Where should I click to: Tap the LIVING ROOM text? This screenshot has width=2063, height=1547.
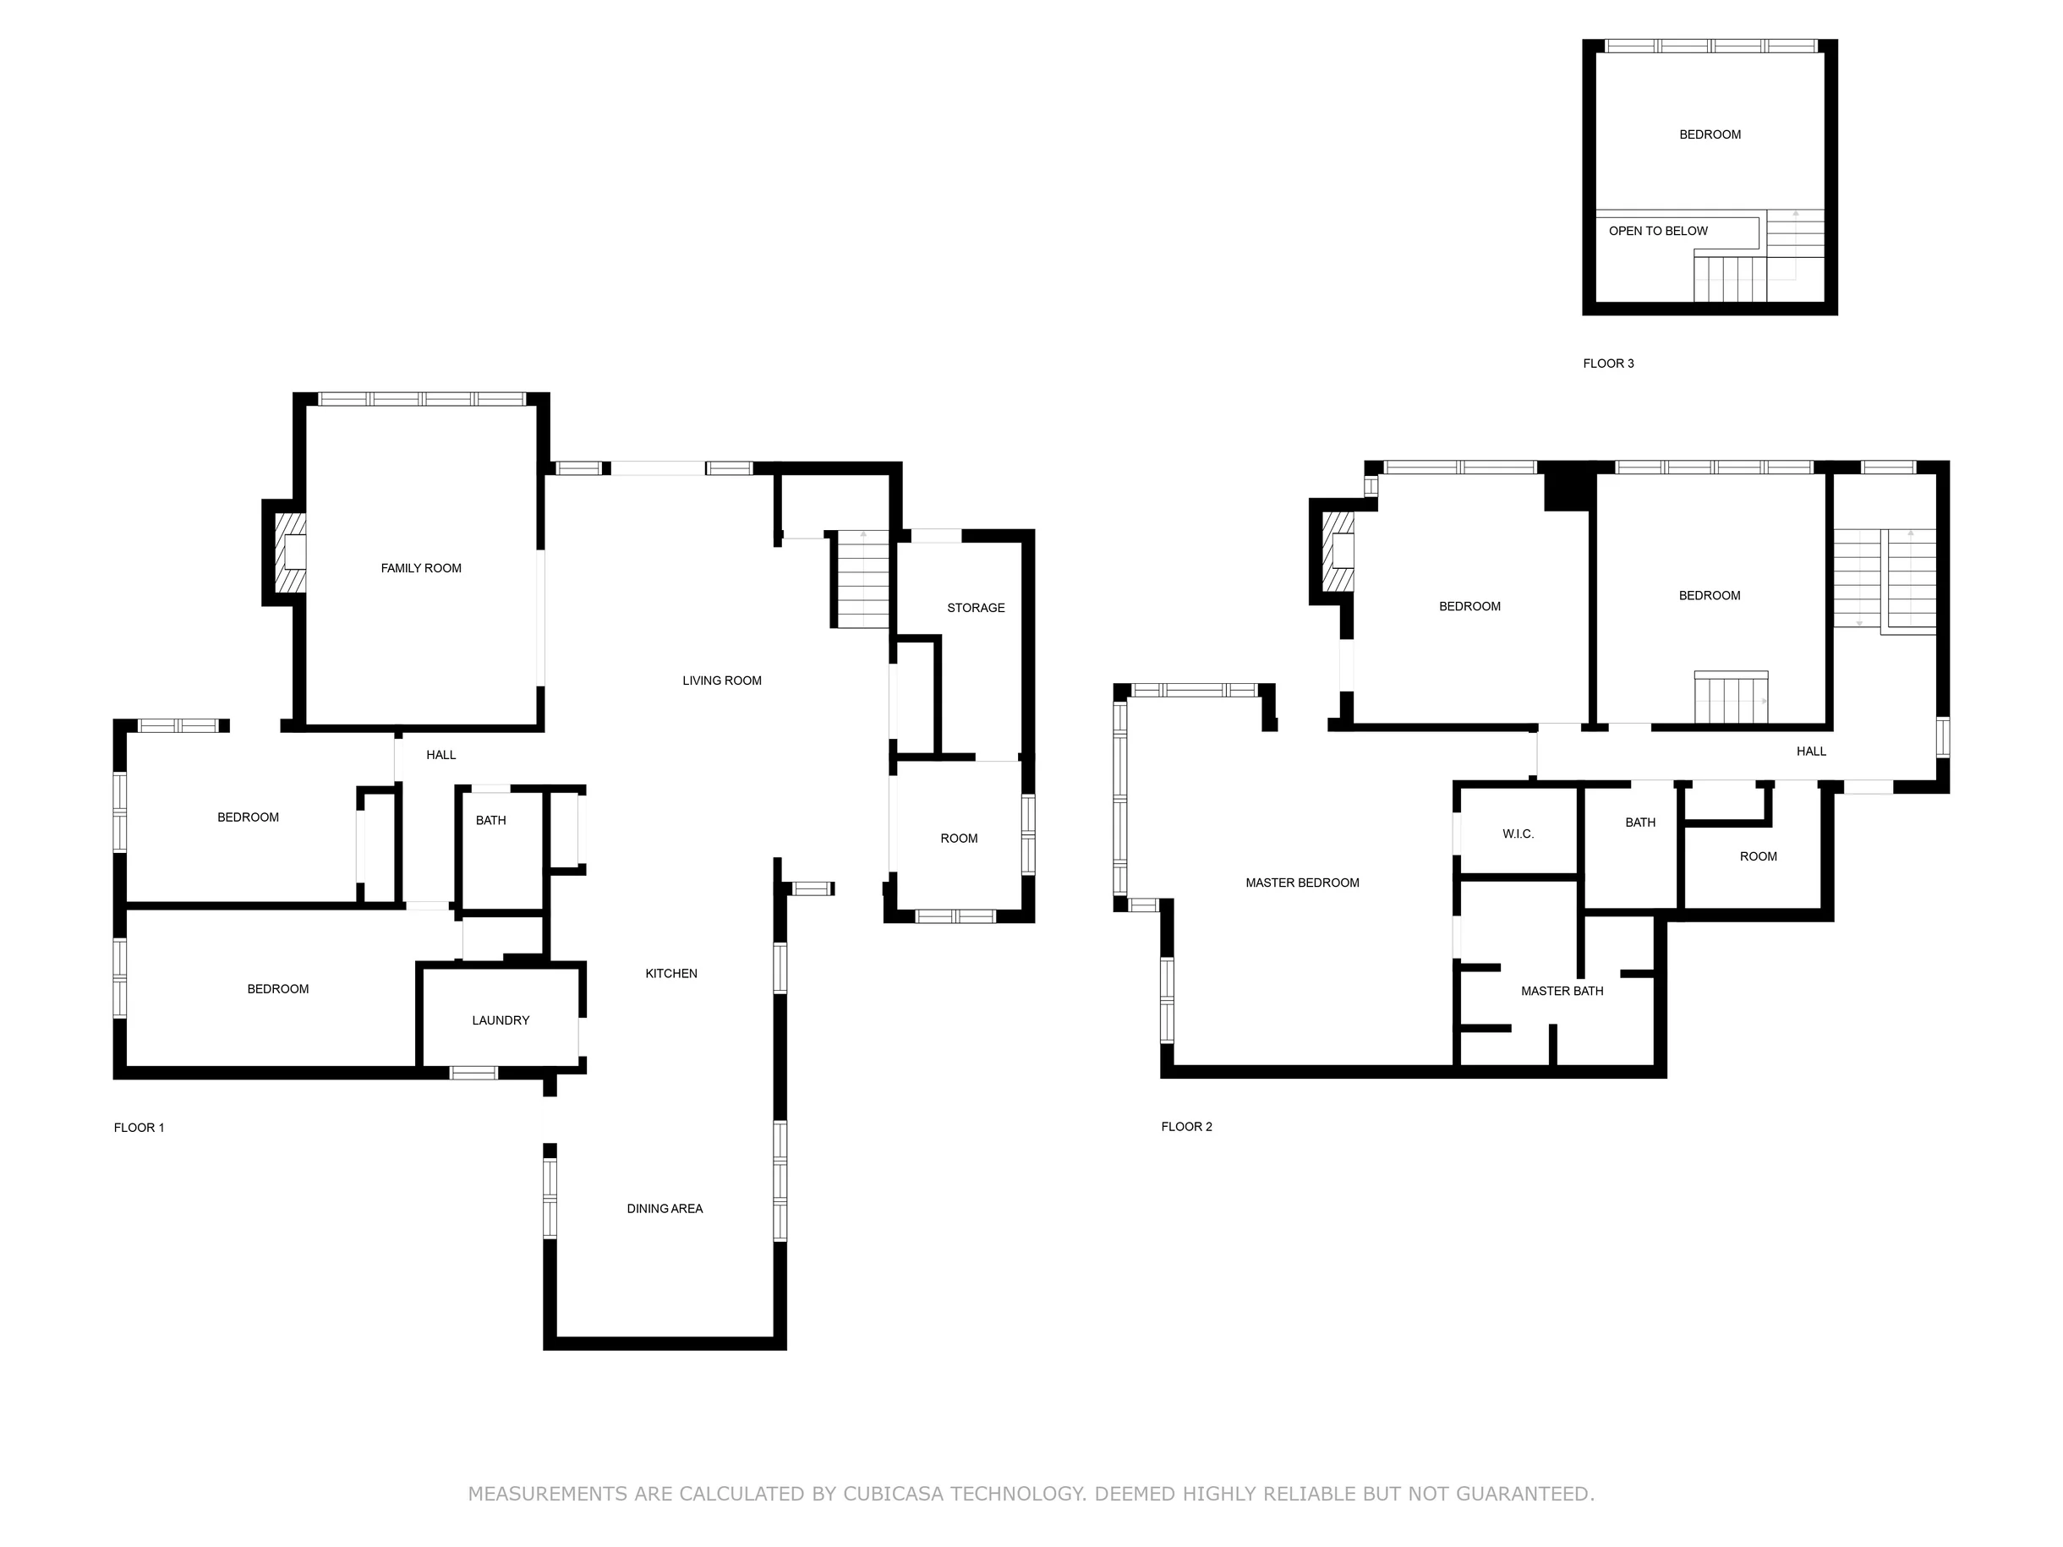point(722,681)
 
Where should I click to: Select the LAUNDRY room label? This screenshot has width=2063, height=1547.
point(501,1020)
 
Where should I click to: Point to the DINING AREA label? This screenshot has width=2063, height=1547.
point(665,1209)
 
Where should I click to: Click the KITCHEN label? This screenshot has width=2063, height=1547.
point(671,974)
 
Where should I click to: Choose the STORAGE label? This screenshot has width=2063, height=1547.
point(977,608)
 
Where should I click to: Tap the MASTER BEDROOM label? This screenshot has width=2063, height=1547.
point(1303,883)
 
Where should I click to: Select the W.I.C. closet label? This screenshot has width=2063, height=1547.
point(1519,834)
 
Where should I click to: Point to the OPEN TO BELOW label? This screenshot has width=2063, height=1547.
point(1658,232)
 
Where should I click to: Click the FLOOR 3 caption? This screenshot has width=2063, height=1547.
point(1609,364)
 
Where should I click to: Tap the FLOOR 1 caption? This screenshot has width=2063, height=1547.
point(139,1128)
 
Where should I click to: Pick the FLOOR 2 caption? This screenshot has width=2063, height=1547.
point(1187,1127)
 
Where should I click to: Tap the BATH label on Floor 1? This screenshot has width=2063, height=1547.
point(490,821)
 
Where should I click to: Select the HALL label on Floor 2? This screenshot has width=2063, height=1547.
point(1811,752)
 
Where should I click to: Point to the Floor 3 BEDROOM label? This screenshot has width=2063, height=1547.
point(1710,134)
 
